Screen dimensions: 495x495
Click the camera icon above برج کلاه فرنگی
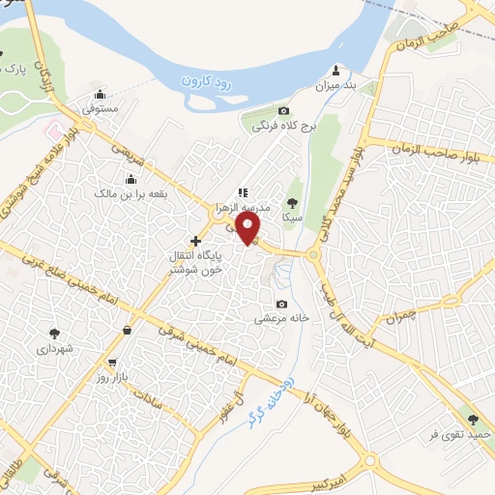(x=283, y=111)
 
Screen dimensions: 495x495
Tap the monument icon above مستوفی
(x=100, y=95)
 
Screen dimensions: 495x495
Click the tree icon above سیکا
(x=292, y=203)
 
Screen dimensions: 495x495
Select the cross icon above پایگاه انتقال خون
(x=195, y=240)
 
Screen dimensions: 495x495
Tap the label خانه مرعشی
(x=281, y=317)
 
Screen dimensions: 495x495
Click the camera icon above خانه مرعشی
(x=281, y=302)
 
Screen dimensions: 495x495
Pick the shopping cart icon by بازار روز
(x=113, y=363)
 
